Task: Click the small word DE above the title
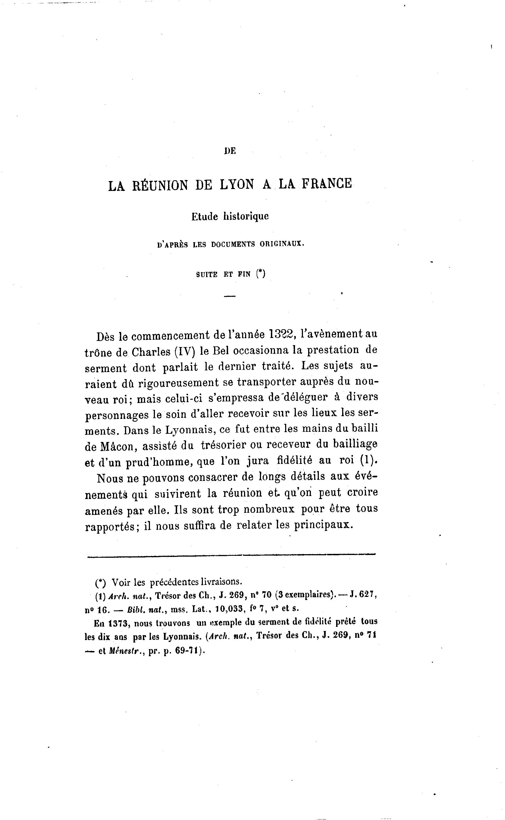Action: pos(230,151)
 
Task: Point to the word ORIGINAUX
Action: pos(282,244)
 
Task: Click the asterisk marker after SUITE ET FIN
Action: pos(260,274)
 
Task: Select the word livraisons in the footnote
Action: pos(221,582)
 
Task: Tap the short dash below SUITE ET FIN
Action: pos(230,296)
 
